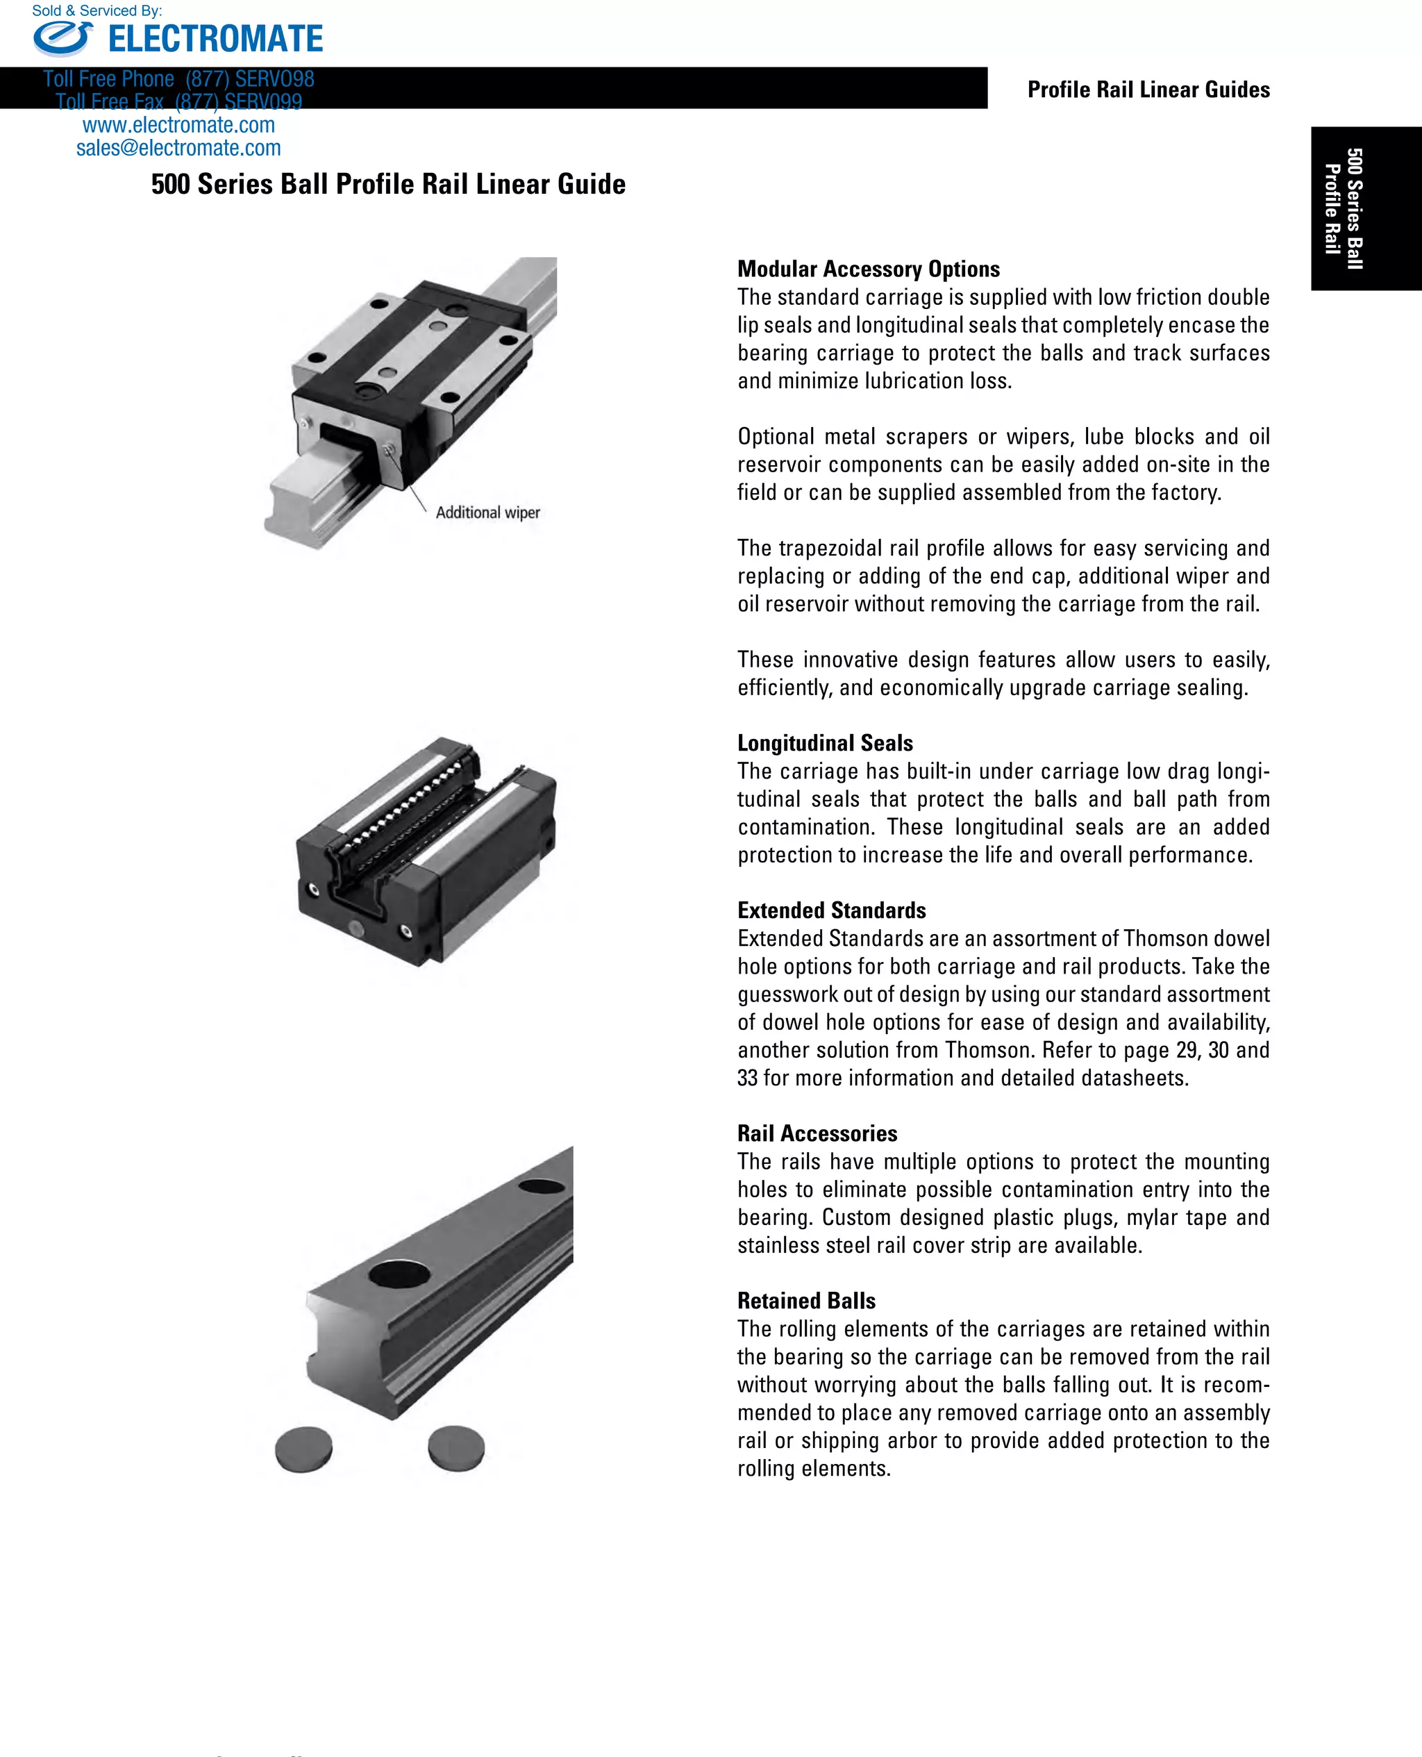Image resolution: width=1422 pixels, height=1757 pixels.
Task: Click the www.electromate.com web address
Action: [178, 125]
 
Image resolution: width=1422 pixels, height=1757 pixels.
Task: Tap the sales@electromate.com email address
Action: [178, 148]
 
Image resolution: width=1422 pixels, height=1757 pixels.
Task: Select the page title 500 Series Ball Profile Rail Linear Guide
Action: [388, 184]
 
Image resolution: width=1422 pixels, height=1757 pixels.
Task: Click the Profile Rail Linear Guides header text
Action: [1148, 90]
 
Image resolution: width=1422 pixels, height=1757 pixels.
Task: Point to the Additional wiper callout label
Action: [487, 513]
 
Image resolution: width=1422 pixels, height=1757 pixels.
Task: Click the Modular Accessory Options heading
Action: [869, 269]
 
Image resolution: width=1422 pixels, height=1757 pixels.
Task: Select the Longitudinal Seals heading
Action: [825, 743]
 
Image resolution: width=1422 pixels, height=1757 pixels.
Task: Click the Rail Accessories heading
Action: [817, 1133]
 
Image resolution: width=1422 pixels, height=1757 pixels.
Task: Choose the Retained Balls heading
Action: [806, 1301]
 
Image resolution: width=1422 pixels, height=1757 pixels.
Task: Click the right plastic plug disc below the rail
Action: [456, 1447]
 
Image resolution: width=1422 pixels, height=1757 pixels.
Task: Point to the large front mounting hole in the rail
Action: [399, 1274]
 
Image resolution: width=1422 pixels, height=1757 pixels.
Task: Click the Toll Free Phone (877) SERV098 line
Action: [178, 79]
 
